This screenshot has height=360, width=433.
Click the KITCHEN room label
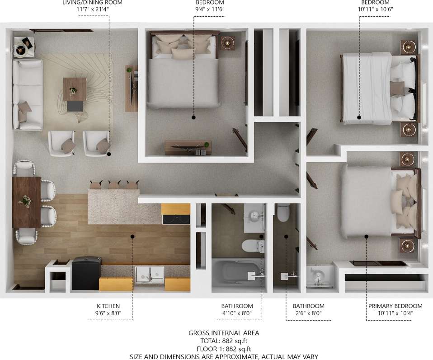[x=108, y=306]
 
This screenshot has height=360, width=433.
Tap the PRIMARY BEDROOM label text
[x=395, y=306]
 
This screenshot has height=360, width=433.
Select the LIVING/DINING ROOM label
[x=93, y=3]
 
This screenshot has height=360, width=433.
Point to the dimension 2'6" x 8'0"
[x=308, y=313]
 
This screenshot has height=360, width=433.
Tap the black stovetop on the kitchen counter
[x=175, y=219]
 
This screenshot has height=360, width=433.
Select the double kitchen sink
[x=149, y=274]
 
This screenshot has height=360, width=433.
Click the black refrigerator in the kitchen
[x=87, y=273]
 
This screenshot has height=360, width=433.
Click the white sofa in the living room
[x=27, y=95]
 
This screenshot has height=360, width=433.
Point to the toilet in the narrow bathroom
[x=283, y=213]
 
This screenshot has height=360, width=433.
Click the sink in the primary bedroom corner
[x=320, y=276]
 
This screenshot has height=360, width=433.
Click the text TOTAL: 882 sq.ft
[x=224, y=341]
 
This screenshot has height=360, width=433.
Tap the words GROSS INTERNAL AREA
[x=224, y=333]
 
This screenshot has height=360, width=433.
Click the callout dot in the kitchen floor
[x=132, y=235]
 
